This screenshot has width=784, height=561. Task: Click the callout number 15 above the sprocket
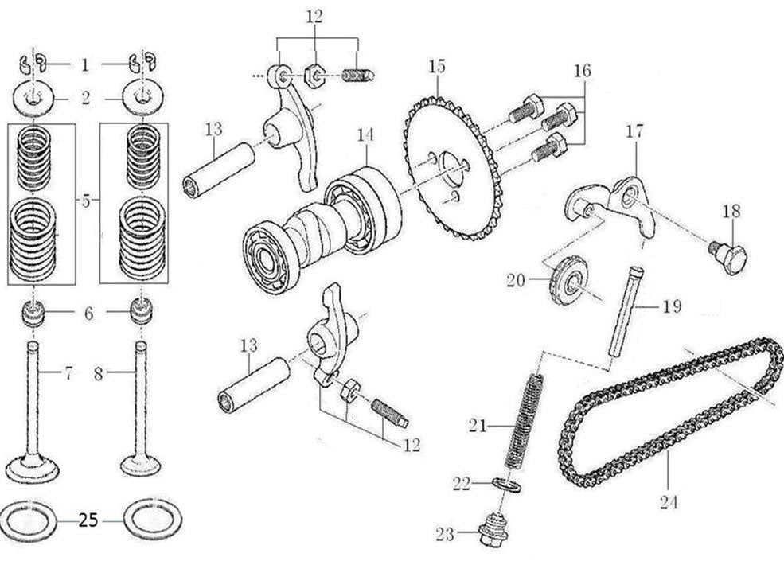437,67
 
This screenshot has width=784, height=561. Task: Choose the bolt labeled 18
728,256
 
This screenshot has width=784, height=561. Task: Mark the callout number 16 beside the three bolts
583,71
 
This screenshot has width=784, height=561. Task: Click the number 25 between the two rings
88,521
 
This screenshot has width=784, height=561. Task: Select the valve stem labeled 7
33,398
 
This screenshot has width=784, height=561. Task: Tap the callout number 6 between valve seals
88,314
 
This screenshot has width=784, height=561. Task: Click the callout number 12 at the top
315,16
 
